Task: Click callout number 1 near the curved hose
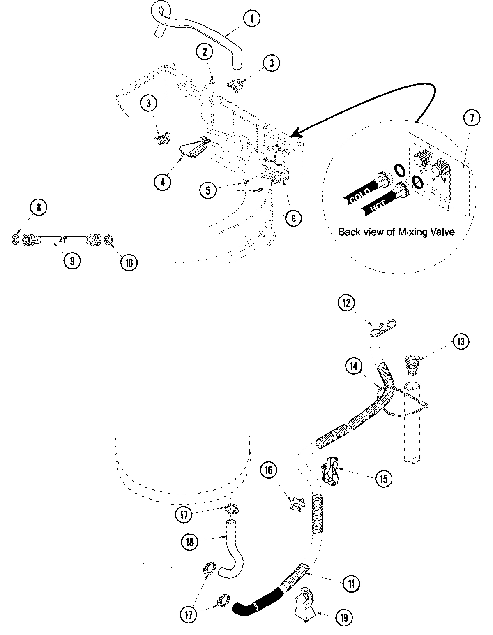252,19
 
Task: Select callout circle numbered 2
205,52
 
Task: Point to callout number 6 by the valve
293,218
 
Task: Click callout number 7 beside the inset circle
471,118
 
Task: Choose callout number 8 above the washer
39,208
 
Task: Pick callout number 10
129,263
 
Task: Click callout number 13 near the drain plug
461,341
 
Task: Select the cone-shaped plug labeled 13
410,364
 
